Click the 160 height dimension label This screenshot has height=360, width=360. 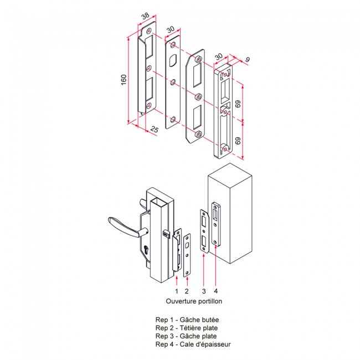pos(124,80)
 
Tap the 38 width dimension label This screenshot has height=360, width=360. pos(145,16)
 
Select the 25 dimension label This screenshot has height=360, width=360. pos(155,129)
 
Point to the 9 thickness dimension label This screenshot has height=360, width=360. pos(247,59)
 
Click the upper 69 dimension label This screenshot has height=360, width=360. pos(238,104)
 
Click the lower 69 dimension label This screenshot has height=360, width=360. pos(238,141)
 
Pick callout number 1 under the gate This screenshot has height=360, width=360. pos(177,291)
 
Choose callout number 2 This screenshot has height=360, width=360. pos(187,291)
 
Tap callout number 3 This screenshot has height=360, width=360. pos(204,291)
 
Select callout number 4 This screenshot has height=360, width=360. pos(215,291)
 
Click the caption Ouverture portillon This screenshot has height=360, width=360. pos(194,301)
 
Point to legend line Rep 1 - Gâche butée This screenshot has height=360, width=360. pos(187,320)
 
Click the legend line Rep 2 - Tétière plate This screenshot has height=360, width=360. pos(187,328)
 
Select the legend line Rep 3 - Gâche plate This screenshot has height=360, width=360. pos(186,336)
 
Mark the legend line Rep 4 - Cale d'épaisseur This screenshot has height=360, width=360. pos(193,344)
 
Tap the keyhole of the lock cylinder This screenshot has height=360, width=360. pos(146,250)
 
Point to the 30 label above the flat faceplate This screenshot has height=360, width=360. pos(171,30)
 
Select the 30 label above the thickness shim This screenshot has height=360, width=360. pos(219,56)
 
